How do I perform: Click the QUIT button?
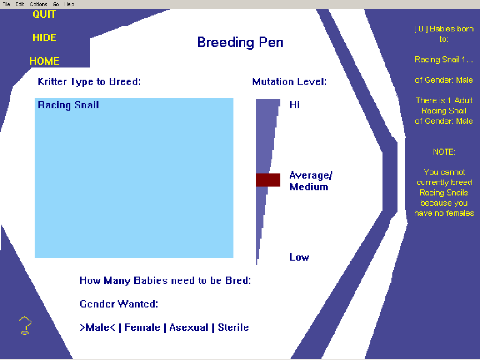coord(44,15)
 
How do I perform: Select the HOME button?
coord(45,61)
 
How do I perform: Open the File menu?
coord(6,4)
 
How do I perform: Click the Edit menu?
coord(20,4)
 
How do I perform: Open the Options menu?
coord(38,4)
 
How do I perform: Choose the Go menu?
coord(55,4)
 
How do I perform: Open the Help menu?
coord(69,4)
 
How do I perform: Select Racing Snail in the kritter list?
coord(68,105)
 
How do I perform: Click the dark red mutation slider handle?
coord(268,180)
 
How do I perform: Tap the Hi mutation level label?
coord(294,105)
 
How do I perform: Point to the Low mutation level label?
coord(299,257)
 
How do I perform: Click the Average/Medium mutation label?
coord(311,181)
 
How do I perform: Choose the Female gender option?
coord(142,328)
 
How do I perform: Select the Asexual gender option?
coord(189,328)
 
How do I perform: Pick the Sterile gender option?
coord(233,328)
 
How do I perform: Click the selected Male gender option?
coord(97,328)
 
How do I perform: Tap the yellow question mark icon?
coord(25,325)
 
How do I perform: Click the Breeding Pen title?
coord(240,42)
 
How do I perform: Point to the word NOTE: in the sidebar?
coord(444,152)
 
